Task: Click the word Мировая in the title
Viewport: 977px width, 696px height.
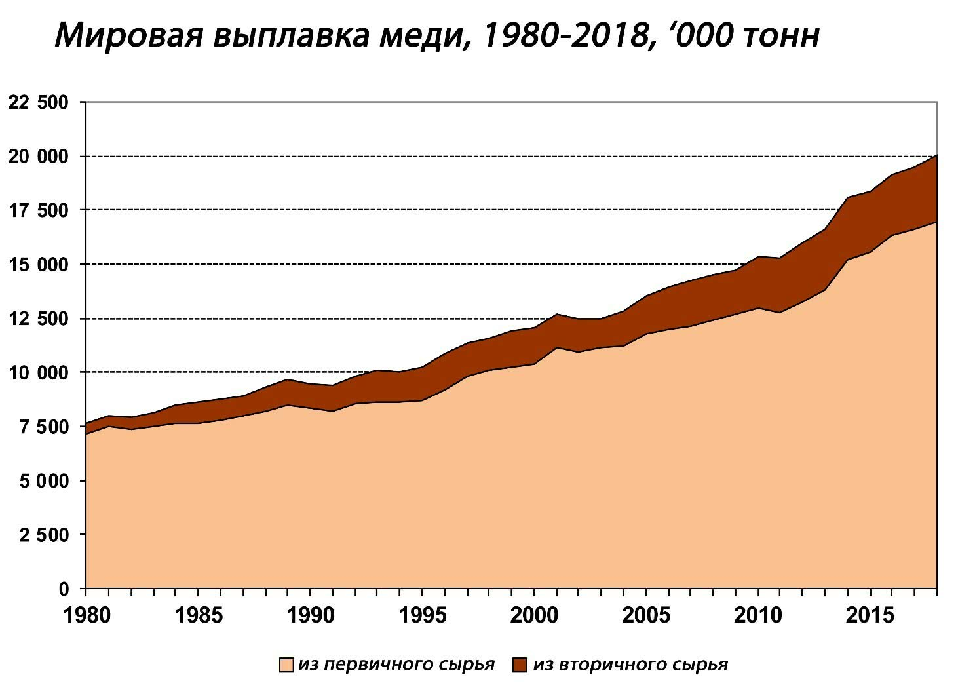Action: (128, 36)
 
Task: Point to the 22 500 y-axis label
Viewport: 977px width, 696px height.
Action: (39, 102)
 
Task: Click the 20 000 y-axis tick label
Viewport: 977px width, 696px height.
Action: (39, 157)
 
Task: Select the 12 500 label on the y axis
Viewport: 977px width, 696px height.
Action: (39, 319)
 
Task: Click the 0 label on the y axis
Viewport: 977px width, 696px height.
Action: (64, 589)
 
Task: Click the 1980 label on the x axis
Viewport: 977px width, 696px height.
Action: (85, 616)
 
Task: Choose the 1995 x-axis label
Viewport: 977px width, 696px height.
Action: (422, 616)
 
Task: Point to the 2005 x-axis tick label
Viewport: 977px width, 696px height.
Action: (647, 616)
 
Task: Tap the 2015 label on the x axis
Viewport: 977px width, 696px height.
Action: (871, 616)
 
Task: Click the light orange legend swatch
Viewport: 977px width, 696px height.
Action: (286, 665)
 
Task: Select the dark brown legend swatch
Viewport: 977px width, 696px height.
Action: (520, 665)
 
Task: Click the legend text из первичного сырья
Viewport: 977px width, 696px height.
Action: (396, 665)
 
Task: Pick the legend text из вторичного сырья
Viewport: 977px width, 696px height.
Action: (630, 665)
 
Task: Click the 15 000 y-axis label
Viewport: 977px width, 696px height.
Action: (39, 265)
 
